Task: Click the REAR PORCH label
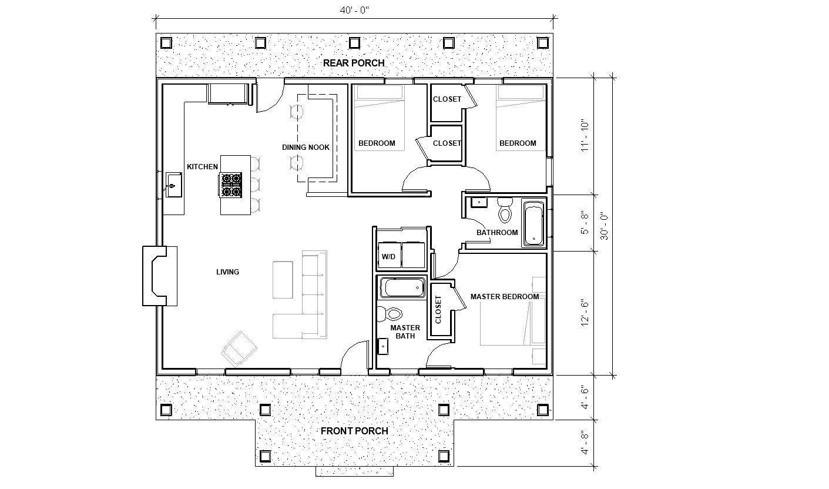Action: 354,63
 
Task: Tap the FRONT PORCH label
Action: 354,431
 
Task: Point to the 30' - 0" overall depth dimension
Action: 603,226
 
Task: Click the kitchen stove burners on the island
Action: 231,184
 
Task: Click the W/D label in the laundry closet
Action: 388,257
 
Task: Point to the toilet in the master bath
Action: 390,312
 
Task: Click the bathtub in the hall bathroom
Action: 533,223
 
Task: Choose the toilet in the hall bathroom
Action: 505,209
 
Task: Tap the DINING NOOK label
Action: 306,147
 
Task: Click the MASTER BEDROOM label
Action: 504,297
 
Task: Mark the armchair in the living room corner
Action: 240,349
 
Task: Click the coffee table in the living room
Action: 283,280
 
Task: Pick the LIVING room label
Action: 227,272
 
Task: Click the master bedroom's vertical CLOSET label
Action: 438,310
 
